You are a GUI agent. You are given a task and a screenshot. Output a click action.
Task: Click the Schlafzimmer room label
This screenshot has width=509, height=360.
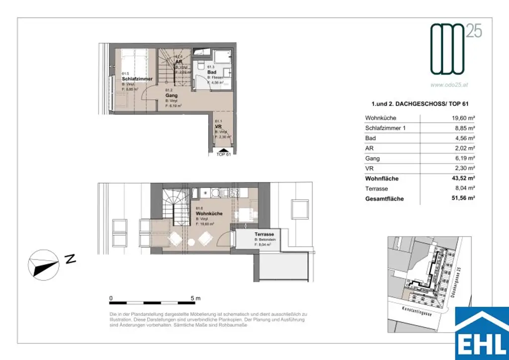point(137,79)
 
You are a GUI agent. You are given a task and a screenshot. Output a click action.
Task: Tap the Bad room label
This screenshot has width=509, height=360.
point(212,72)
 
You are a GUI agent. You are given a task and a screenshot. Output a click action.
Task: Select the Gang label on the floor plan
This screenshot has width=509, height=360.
point(171,95)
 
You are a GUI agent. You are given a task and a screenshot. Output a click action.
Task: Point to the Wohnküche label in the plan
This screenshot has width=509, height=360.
point(209,213)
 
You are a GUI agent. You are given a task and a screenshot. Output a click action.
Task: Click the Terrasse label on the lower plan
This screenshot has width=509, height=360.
point(264,234)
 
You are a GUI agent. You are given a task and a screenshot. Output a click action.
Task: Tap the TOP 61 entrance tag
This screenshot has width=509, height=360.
point(224,155)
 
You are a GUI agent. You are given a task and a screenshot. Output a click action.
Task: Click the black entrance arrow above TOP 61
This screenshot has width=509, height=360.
point(224,149)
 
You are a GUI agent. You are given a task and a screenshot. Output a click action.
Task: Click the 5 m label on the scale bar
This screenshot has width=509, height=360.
point(195,298)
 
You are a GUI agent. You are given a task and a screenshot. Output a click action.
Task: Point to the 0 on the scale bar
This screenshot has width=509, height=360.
point(111,298)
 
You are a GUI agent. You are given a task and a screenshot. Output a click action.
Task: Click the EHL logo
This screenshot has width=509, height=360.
point(482,333)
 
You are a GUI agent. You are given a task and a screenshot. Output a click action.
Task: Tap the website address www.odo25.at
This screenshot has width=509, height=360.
point(449,85)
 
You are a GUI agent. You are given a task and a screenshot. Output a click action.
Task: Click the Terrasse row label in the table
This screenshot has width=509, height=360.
point(376,189)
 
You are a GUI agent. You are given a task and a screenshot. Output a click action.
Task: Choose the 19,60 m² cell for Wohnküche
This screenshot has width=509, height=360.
point(461,118)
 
